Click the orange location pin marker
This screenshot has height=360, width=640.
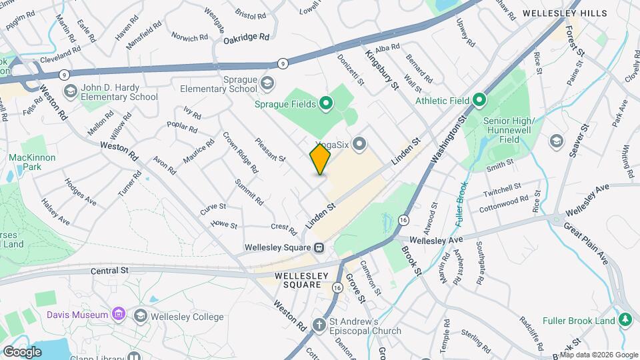click(x=320, y=159)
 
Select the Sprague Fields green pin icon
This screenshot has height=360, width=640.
click(x=326, y=103)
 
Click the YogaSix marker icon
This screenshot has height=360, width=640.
click(x=361, y=143)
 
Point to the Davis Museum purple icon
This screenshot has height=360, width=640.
click(x=119, y=314)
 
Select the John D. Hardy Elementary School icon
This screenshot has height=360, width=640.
click(x=70, y=90)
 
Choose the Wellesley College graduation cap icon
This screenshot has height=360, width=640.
click(x=141, y=315)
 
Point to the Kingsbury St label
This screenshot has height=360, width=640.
click(x=381, y=67)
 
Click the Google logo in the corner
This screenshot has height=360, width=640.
click(x=21, y=351)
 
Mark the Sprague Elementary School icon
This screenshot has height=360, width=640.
click(x=267, y=83)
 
